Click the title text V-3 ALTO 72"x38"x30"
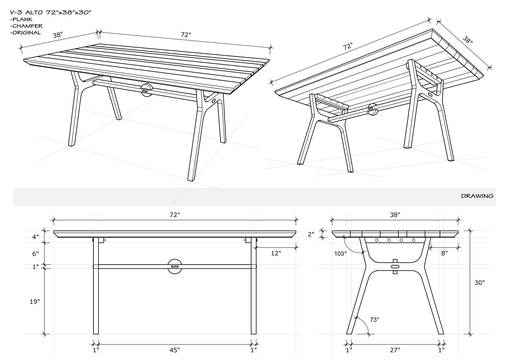[x=51, y=12]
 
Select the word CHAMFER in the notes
[x=27, y=26]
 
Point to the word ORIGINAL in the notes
[x=26, y=33]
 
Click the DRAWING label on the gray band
[x=477, y=196]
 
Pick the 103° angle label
[x=341, y=253]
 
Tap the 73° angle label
[x=374, y=319]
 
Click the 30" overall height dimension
[x=479, y=283]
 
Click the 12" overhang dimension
[x=276, y=253]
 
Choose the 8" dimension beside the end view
[x=444, y=253]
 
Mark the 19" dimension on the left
[x=34, y=302]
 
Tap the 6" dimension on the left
[x=35, y=254]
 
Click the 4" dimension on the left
[x=35, y=237]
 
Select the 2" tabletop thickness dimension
[x=310, y=234]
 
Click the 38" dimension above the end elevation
[x=395, y=215]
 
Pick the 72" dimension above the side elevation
[x=175, y=215]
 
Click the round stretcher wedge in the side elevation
[x=175, y=267]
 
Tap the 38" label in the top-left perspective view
[x=58, y=35]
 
